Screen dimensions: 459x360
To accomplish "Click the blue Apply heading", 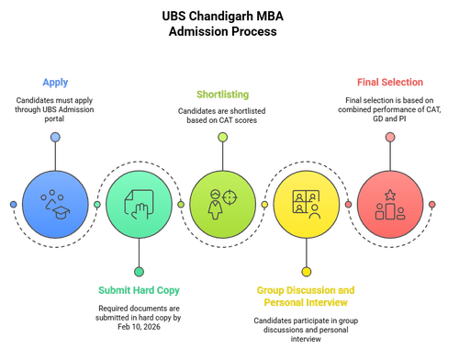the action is pos(55,83).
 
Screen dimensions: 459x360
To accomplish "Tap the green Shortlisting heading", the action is pos(222,95).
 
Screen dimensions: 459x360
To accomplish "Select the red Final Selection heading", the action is pos(390,82).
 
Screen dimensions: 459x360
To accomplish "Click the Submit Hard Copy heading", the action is pos(139,290).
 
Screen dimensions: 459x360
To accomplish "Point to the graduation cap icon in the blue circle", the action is pos(61,212).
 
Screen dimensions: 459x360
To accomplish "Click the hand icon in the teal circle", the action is pos(141,211).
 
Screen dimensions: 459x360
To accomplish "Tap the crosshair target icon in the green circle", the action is pos(229,197).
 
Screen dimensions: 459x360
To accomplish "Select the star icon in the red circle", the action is pos(390,195).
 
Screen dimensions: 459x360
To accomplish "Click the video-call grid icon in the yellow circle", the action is pos(306,201).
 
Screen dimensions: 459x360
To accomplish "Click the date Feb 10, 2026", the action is pos(139,327).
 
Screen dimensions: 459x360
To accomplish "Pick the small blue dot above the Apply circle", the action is pos(55,137).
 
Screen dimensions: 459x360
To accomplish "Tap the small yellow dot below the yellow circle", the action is pos(307,272).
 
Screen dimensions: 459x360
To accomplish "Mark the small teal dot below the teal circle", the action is pos(139,272).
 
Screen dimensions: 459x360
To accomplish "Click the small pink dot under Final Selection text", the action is pos(390,137).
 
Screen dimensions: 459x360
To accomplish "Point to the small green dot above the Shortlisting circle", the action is pos(223,137).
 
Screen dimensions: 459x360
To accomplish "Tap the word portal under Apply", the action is pos(54,119).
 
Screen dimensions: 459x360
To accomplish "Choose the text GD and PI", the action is pos(389,118).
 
